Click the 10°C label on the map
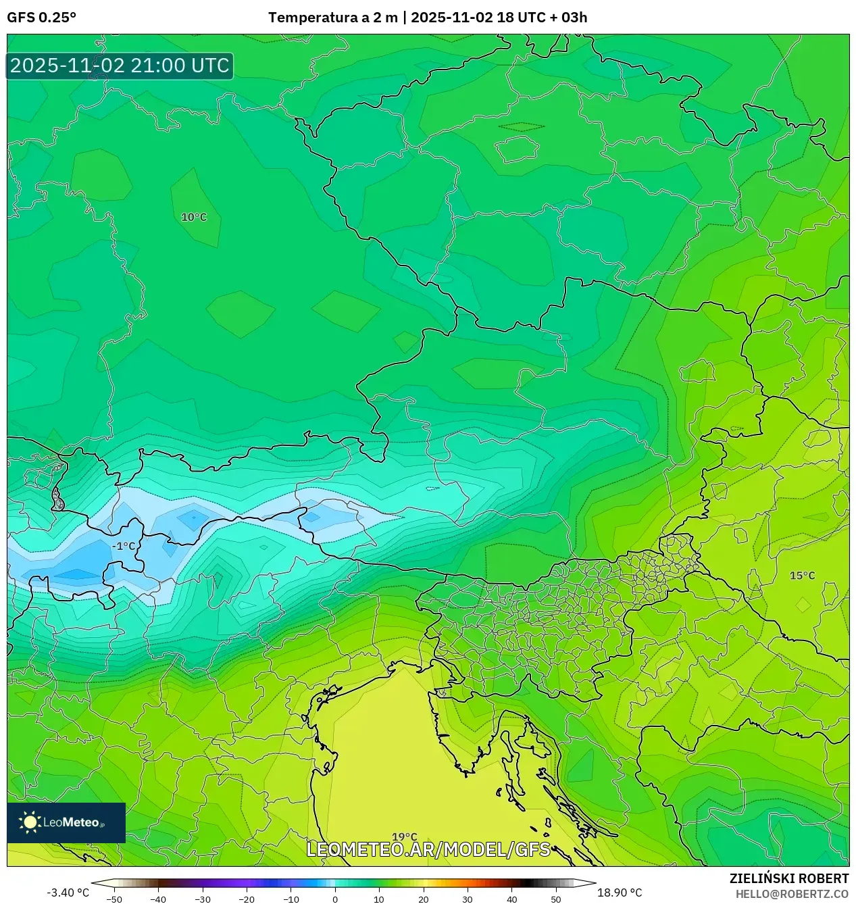point(194,217)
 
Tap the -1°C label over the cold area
point(124,546)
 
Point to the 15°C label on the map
point(803,576)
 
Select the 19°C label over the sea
point(405,837)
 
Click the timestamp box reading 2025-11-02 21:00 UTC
point(120,66)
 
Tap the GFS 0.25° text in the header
point(42,18)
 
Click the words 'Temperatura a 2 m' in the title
point(332,18)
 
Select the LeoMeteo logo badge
point(66,822)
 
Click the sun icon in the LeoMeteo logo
point(30,822)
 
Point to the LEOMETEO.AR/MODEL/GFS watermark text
point(428,849)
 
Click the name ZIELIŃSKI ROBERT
point(788,878)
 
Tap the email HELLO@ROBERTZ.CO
point(792,894)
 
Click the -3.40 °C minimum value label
point(68,893)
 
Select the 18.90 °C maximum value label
point(620,893)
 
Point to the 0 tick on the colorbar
point(335,899)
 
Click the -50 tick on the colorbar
point(114,899)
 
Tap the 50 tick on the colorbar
point(556,899)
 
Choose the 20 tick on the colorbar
point(424,899)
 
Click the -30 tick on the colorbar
point(203,899)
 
